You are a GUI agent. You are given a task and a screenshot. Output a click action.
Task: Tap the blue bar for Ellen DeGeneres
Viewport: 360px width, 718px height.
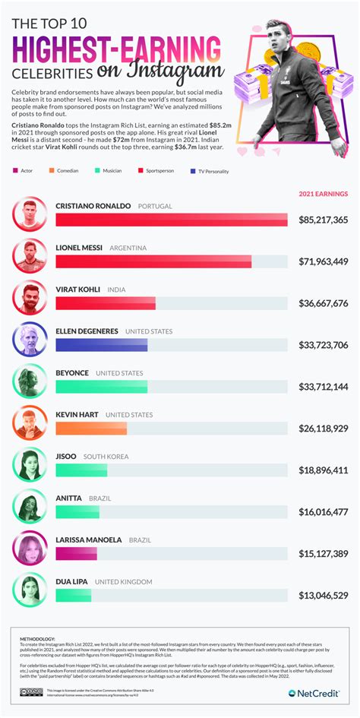(x=102, y=345)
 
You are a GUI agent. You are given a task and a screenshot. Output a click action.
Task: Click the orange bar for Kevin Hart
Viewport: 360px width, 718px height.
(x=91, y=429)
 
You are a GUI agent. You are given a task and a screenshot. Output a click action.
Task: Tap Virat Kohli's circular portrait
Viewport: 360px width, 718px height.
(x=30, y=297)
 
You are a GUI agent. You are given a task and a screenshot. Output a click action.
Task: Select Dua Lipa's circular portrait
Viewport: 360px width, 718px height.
(x=30, y=589)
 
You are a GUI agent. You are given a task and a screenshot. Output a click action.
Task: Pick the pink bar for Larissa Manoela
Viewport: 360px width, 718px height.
(x=76, y=554)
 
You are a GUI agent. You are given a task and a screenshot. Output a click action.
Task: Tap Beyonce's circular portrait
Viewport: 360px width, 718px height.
(x=30, y=381)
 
